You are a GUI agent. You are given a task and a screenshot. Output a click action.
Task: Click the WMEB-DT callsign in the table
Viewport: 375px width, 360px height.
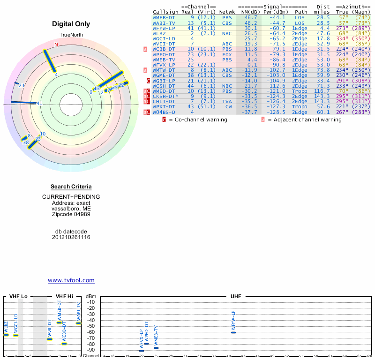pos(164,17)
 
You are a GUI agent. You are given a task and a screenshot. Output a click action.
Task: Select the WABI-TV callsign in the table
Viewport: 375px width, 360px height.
pos(164,23)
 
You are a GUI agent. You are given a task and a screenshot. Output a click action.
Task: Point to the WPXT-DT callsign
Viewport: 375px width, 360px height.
pos(164,106)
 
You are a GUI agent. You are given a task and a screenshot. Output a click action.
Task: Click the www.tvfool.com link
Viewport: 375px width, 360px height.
pos(71,280)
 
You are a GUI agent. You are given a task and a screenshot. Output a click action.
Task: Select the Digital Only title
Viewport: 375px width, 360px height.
pos(71,24)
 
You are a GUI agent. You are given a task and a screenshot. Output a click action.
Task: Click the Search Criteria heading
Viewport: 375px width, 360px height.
pos(71,187)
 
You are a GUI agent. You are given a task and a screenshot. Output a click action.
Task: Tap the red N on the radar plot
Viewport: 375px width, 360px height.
pos(56,45)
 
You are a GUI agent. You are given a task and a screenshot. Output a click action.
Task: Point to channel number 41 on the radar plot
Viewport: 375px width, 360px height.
pos(39,104)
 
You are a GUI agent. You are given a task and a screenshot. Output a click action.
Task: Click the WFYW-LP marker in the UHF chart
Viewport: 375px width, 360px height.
pos(233,332)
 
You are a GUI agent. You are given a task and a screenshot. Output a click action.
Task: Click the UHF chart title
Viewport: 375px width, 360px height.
pos(235,297)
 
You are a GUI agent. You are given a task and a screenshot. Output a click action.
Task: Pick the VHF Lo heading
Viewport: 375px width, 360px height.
pos(18,297)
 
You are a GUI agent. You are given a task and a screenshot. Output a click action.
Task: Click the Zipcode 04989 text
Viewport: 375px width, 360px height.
pos(71,214)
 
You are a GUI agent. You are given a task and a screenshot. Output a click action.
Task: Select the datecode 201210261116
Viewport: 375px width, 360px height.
pos(71,237)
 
